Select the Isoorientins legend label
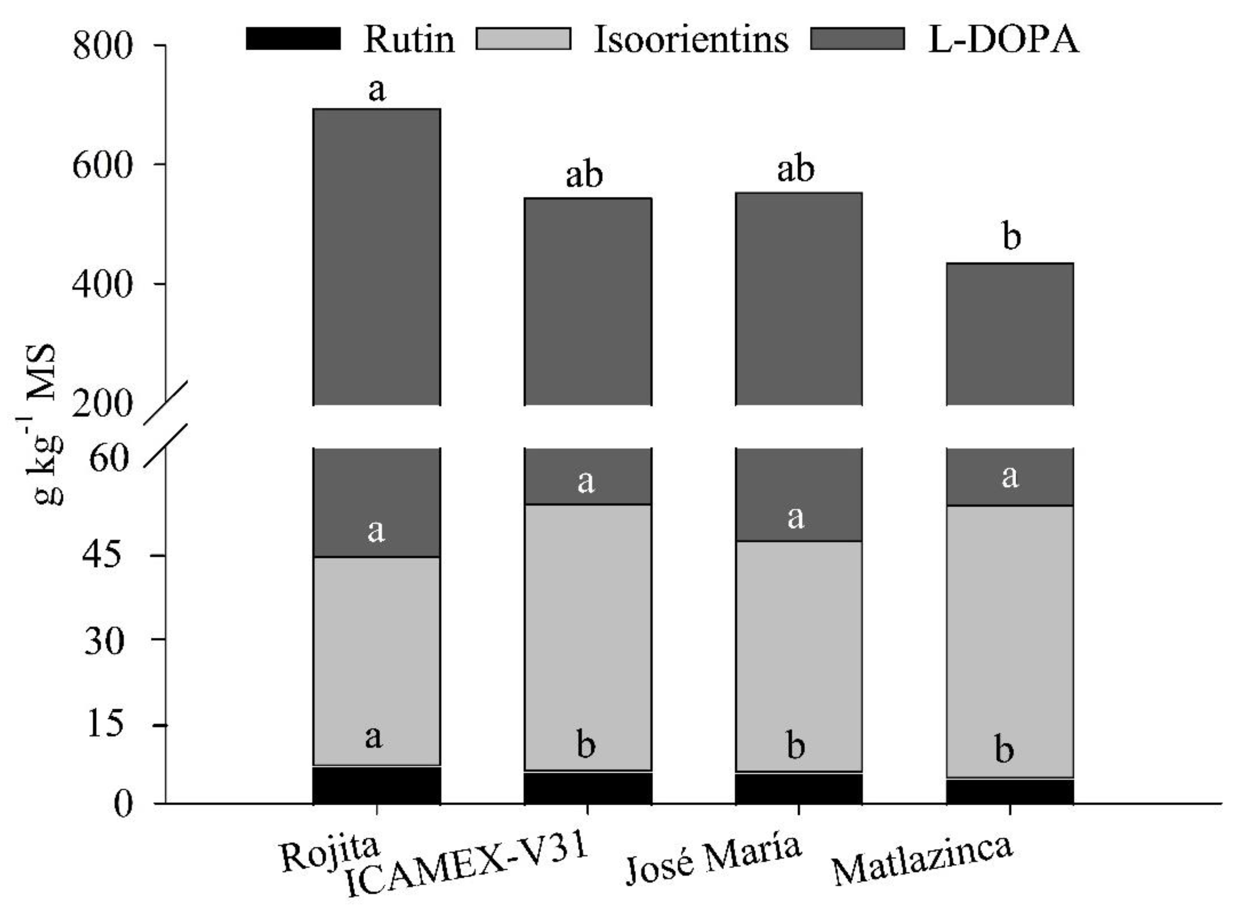pos(691,40)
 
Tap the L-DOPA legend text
pos(1003,40)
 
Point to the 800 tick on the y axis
pos(103,45)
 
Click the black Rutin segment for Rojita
pos(377,785)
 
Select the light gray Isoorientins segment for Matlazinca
pos(1010,640)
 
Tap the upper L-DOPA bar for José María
pos(799,298)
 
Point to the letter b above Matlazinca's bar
pos(1011,238)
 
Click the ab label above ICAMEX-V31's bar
pos(584,175)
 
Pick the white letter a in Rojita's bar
pos(376,531)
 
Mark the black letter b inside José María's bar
pos(796,746)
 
